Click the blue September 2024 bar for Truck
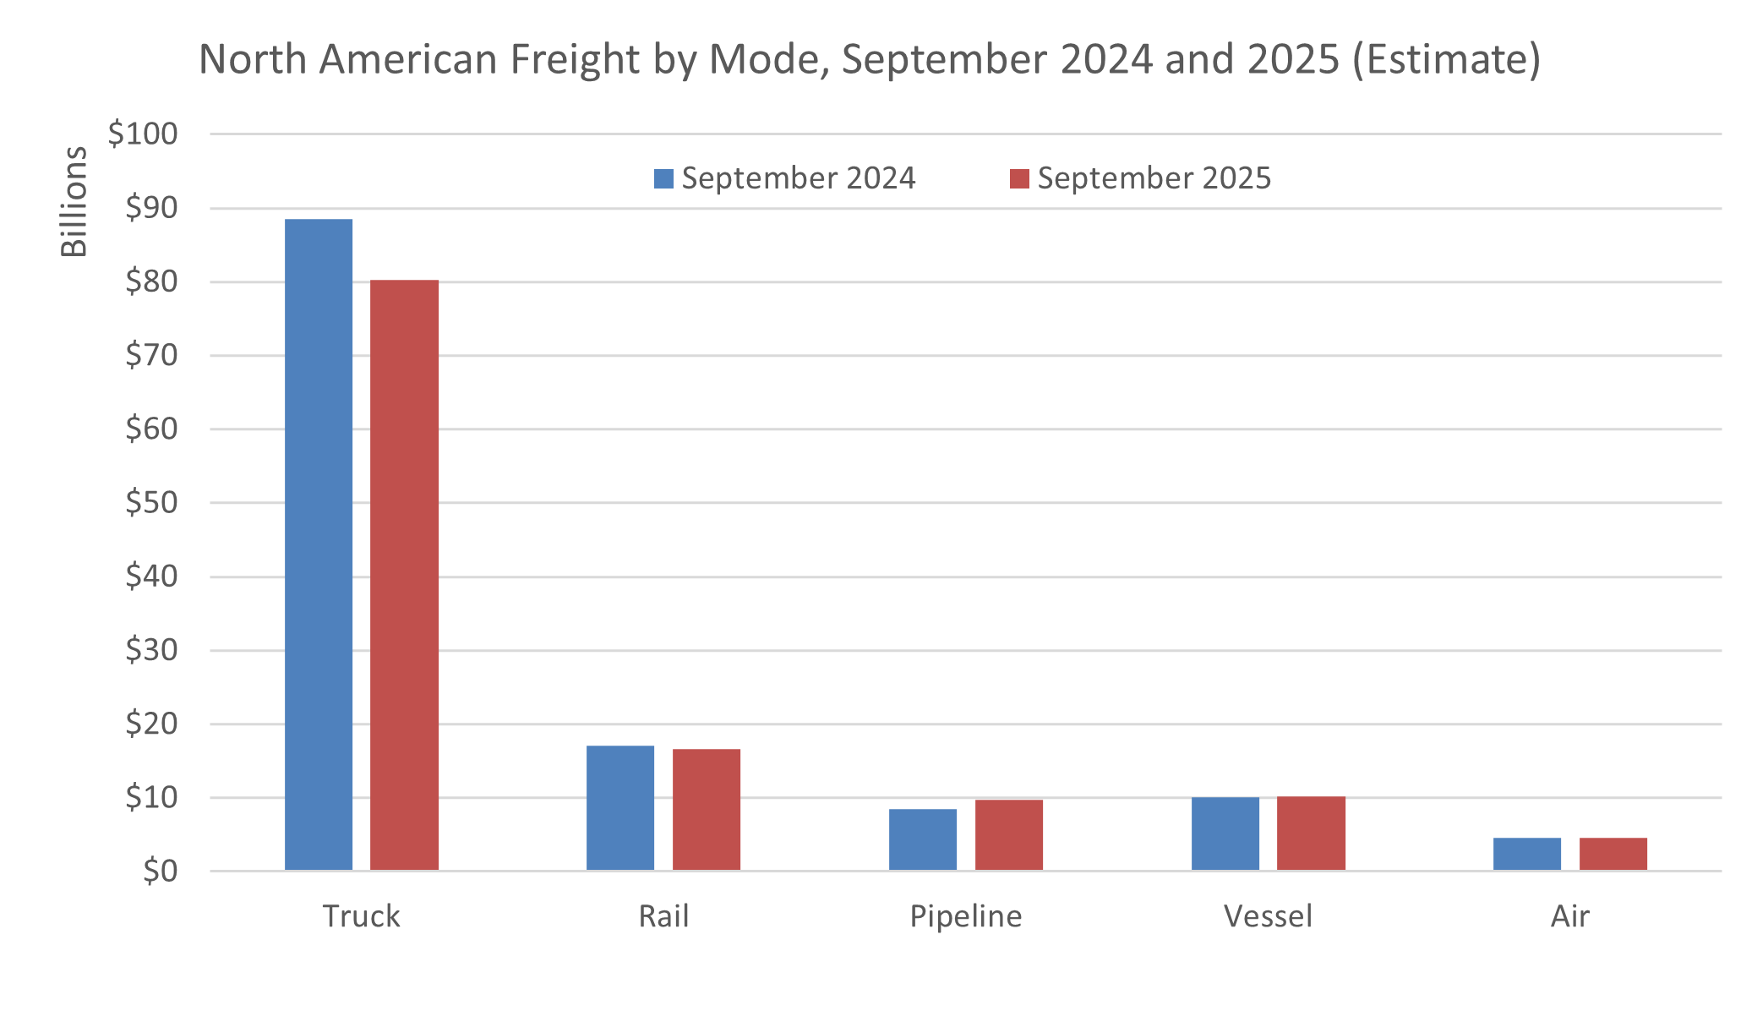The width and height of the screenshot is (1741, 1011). pos(319,544)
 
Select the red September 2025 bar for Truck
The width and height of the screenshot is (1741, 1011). pos(404,575)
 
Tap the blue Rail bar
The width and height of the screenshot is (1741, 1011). pos(620,807)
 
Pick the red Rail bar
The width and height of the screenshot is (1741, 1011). pos(707,809)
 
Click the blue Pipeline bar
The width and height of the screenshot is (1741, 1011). pos(923,839)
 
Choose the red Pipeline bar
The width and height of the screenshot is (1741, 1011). pos(1009,834)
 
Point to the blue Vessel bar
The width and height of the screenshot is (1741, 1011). pos(1225,833)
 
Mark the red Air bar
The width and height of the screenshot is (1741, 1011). pos(1613,854)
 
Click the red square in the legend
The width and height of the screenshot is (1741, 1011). pos(1019,178)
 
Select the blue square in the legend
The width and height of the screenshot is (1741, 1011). pos(663,178)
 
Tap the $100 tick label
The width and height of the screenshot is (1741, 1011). pos(143,134)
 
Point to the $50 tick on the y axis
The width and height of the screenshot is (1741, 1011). pos(151,502)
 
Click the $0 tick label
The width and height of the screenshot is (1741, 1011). pos(160,871)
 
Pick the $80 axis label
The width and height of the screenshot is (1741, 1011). pos(151,281)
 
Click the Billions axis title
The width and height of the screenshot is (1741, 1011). pos(74,201)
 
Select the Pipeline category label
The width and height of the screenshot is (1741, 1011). pos(965,916)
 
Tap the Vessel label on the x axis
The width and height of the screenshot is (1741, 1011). pos(1268,916)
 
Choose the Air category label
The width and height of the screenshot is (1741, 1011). pos(1570,916)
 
